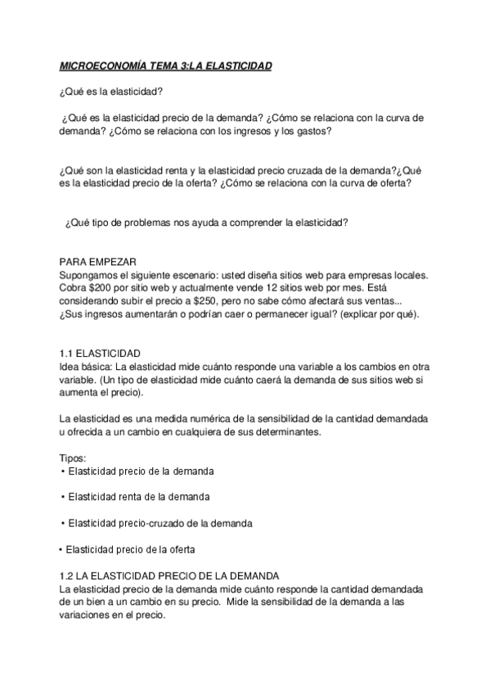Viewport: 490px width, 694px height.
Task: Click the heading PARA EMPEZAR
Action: pos(99,261)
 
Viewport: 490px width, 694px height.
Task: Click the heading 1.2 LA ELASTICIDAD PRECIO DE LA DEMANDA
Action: pos(170,575)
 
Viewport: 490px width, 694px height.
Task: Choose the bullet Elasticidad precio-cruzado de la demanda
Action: pos(160,522)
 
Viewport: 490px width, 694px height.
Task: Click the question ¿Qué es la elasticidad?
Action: pos(111,91)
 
